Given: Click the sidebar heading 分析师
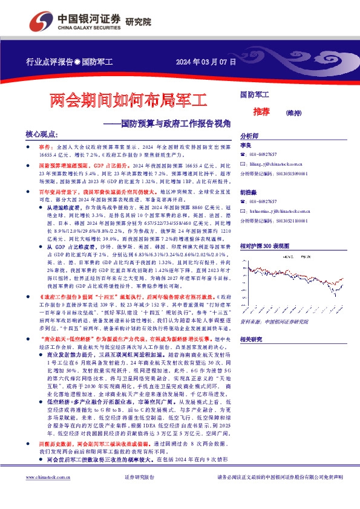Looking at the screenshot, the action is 249,137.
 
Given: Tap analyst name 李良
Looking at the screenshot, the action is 246,147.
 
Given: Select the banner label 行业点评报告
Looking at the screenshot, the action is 49,62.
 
